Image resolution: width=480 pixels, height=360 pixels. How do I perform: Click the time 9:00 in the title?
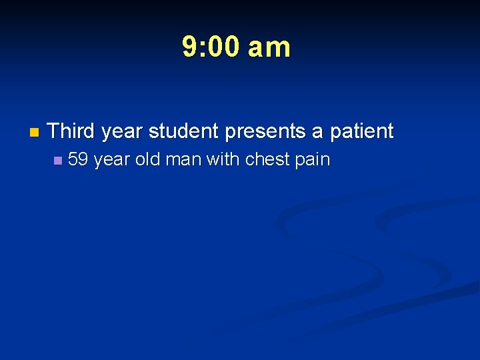pos(213,47)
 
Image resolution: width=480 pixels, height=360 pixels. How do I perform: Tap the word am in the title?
pos(269,47)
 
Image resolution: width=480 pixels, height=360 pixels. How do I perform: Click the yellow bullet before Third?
pos(34,132)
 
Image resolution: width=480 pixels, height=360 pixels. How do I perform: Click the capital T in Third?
pos(54,131)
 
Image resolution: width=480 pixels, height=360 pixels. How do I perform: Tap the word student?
pos(184,131)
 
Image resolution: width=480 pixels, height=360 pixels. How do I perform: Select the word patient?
pos(362,131)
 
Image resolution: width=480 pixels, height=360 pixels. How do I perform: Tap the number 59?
pos(79,160)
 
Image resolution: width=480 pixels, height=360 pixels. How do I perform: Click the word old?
pos(147,160)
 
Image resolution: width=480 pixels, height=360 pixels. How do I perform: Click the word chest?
pos(269,160)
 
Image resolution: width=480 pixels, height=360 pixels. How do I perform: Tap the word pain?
pos(314,161)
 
